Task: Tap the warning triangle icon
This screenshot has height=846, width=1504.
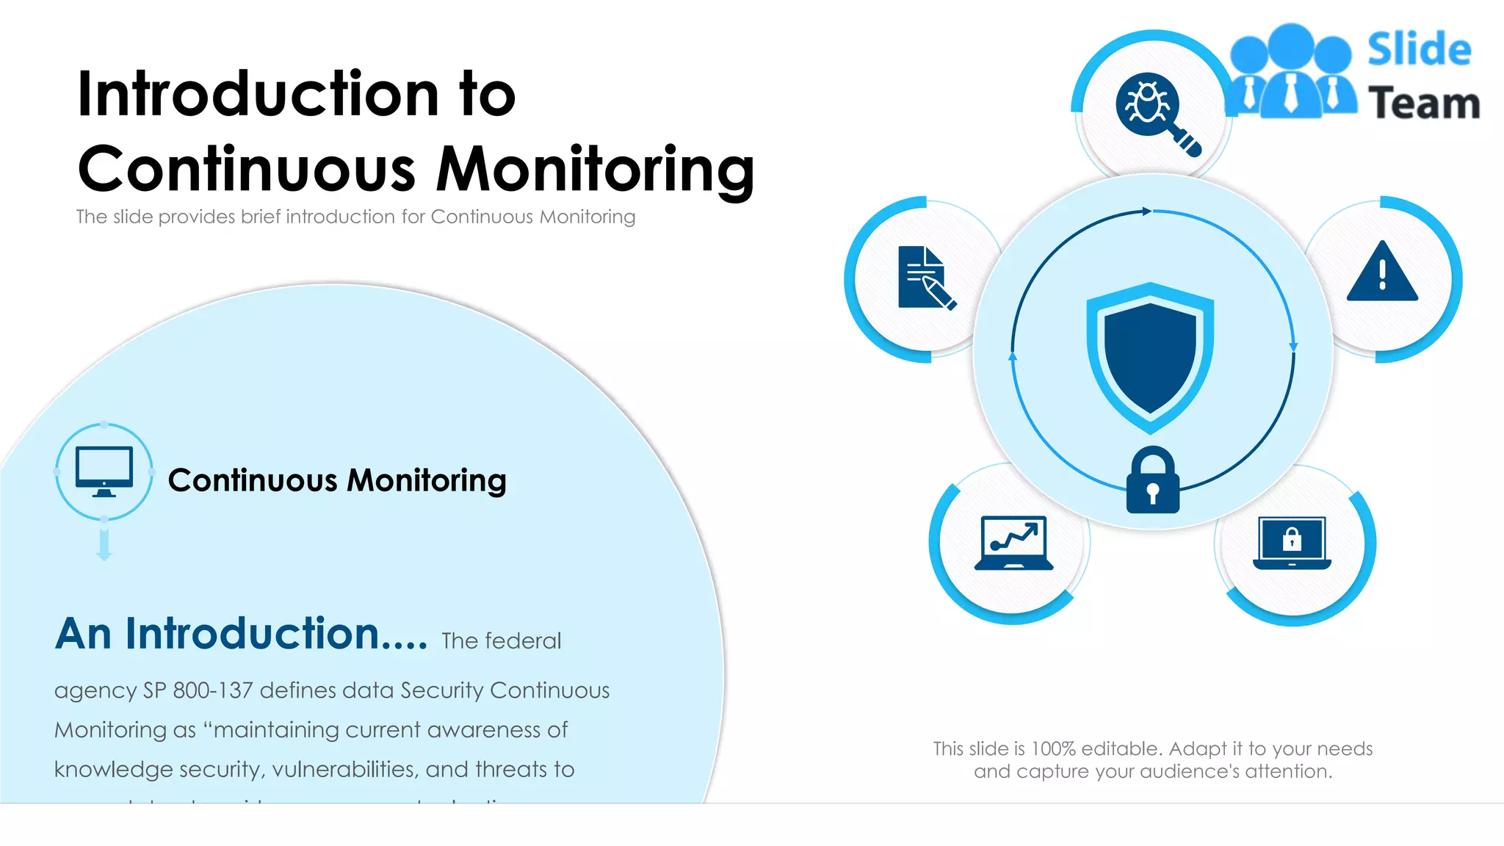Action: pyautogui.click(x=1382, y=273)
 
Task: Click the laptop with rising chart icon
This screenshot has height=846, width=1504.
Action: pyautogui.click(x=1013, y=543)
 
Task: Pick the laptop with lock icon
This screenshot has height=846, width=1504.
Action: pyautogui.click(x=1292, y=543)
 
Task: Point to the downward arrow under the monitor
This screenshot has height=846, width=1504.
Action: pyautogui.click(x=104, y=546)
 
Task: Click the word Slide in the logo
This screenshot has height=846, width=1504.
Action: pyautogui.click(x=1419, y=50)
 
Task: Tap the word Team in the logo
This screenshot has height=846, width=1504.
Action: pyautogui.click(x=1423, y=103)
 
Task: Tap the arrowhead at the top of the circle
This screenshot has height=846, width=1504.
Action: pyautogui.click(x=1146, y=211)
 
